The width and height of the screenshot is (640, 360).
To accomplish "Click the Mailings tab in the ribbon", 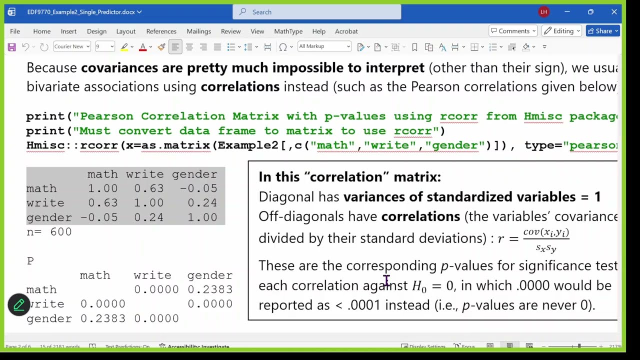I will tap(198, 31).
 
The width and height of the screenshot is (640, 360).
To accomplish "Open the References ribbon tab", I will tap(161, 31).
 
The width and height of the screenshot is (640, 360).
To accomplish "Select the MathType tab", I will tap(288, 31).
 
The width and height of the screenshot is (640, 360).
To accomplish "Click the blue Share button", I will tap(603, 31).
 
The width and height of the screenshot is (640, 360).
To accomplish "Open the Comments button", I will tap(513, 31).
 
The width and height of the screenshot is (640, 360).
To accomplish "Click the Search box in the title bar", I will tap(316, 12).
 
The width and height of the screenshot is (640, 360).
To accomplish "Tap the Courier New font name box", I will tap(71, 46).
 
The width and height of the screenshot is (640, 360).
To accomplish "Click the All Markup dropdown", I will tap(324, 46).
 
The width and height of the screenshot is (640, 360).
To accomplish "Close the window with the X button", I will tap(614, 12).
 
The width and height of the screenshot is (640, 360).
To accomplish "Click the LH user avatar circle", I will tap(544, 12).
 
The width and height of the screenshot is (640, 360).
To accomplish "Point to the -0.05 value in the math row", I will tap(200, 188).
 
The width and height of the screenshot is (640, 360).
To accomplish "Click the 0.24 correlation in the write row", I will tap(202, 203).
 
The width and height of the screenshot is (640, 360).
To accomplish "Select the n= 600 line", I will tap(49, 232).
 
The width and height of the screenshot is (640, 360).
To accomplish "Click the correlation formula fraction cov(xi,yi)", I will tap(546, 232).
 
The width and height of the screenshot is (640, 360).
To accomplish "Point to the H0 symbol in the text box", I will tap(419, 286).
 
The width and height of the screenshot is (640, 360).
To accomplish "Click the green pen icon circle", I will tap(19, 304).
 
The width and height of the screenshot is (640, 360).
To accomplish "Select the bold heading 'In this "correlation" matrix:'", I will tap(349, 176).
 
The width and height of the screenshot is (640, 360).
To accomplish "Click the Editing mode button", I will tap(562, 31).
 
